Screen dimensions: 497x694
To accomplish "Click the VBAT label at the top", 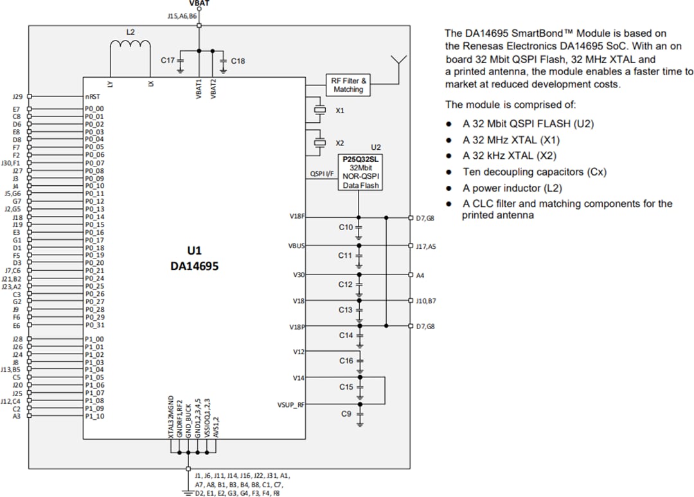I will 200,3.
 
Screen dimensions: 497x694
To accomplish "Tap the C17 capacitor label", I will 167,60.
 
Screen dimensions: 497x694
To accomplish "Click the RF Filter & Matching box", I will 348,85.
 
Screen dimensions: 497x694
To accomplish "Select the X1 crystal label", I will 340,111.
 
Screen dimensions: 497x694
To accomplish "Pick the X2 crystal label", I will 340,142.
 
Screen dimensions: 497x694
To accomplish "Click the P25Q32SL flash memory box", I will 360,172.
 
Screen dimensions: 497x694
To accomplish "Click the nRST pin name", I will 91,96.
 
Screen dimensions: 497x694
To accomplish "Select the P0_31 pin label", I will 94,325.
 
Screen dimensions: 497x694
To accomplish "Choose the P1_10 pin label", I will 94,416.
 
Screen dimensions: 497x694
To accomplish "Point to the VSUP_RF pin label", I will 291,405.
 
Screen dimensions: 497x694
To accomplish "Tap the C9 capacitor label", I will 346,414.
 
